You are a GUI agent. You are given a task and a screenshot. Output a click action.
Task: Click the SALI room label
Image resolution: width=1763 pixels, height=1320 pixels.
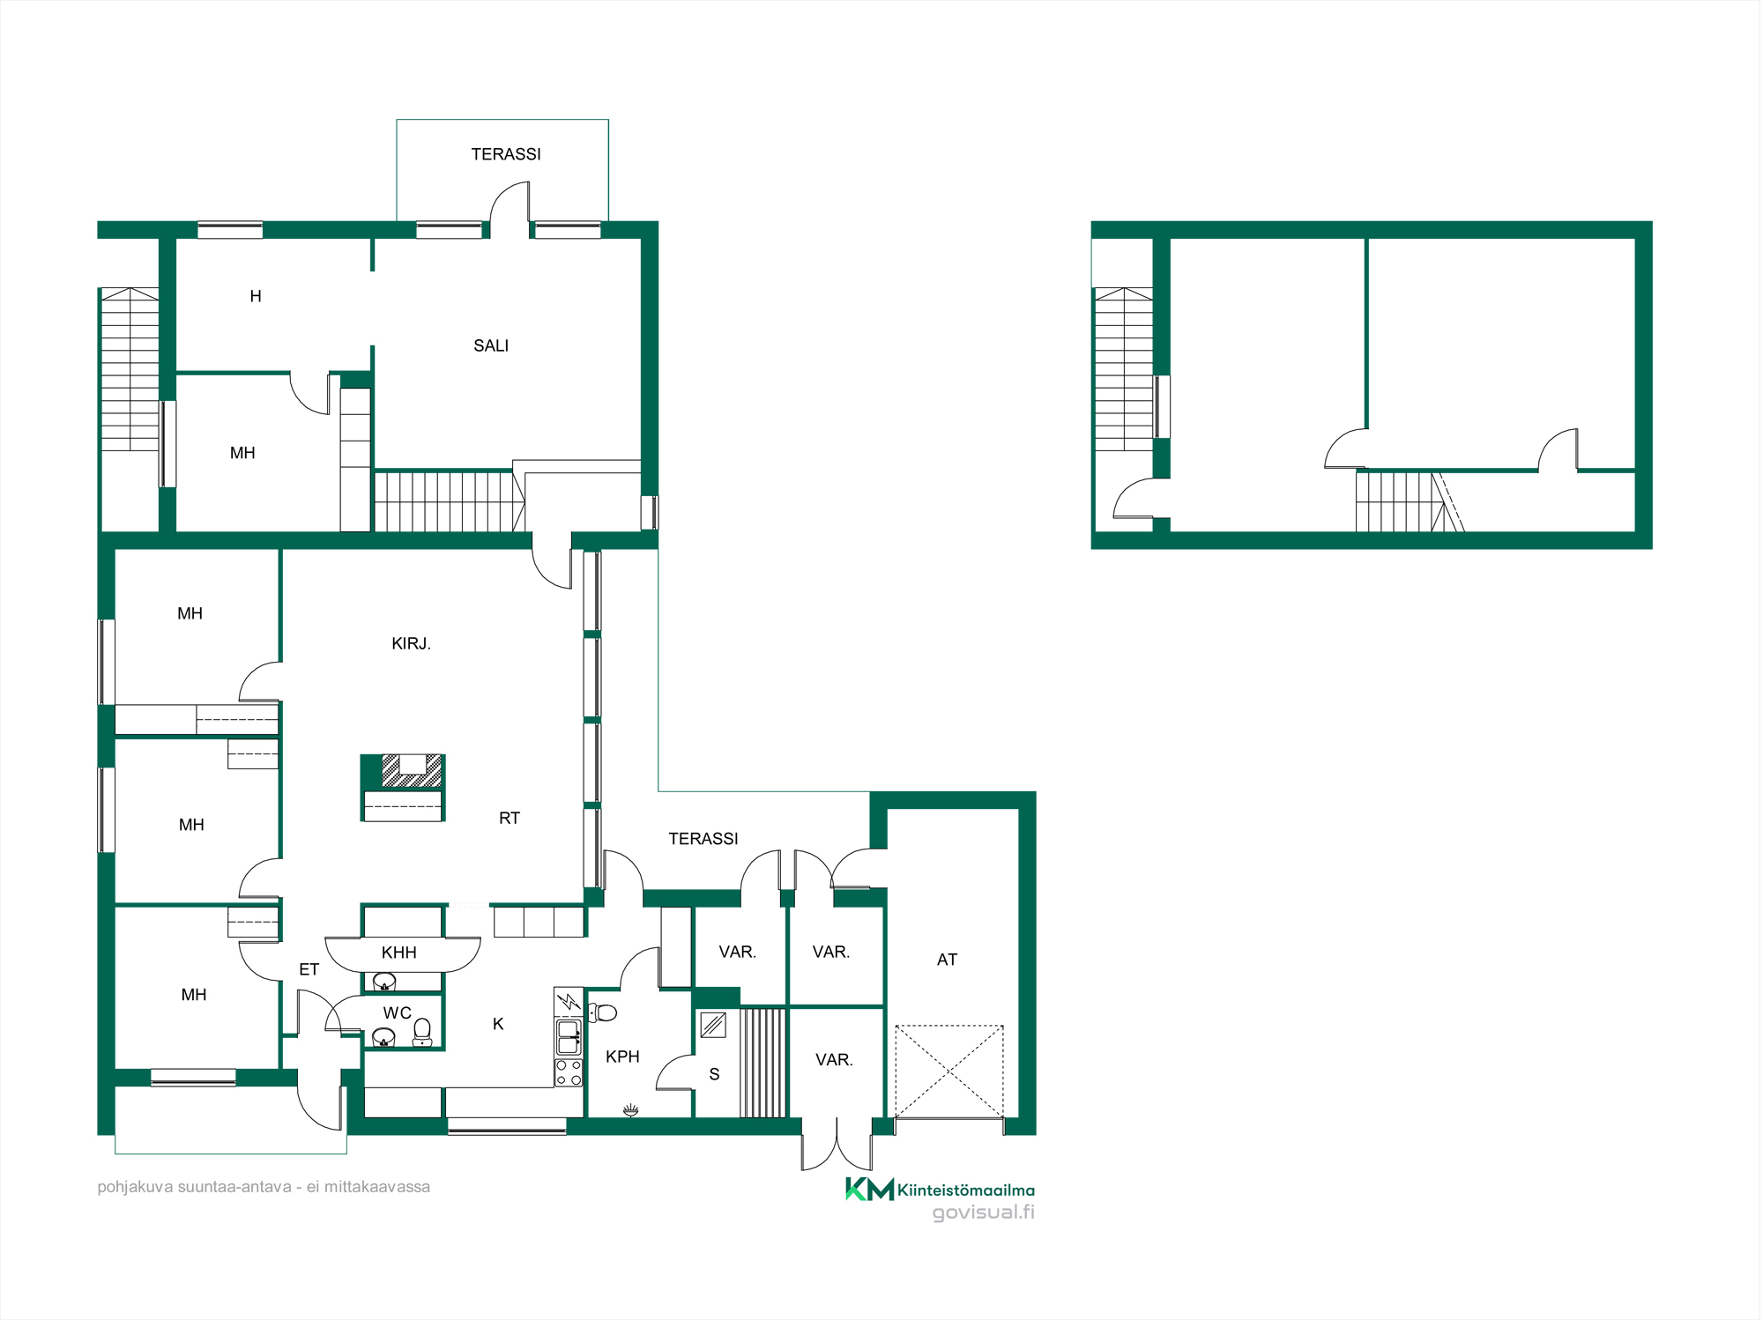(x=491, y=345)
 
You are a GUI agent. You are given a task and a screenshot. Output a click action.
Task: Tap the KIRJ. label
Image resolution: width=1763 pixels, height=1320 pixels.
(x=411, y=643)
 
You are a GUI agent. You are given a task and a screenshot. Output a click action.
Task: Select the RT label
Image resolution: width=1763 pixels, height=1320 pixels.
(x=510, y=818)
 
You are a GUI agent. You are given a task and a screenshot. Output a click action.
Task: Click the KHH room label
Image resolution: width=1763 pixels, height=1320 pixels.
(x=398, y=953)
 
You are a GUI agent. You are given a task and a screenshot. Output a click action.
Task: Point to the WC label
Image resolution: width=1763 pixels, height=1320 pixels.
(x=398, y=1013)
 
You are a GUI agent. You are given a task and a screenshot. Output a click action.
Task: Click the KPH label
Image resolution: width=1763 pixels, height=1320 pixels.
(x=622, y=1057)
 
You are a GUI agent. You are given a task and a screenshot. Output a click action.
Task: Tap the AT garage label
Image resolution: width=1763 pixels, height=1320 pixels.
(x=947, y=960)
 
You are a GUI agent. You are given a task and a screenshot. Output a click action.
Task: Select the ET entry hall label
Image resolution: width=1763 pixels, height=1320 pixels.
(x=309, y=969)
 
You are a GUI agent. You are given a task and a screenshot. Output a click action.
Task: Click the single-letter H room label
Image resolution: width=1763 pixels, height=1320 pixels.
(x=256, y=296)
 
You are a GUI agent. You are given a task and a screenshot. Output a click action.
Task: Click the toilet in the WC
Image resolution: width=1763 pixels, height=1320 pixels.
(x=422, y=1032)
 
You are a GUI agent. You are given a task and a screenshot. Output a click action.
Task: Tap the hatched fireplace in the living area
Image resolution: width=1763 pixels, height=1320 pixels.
(x=412, y=771)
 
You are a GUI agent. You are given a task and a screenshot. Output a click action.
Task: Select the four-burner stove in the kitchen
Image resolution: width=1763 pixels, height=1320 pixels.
(x=569, y=1072)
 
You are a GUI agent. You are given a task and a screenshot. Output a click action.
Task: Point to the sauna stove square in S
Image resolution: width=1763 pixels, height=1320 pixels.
(x=713, y=1025)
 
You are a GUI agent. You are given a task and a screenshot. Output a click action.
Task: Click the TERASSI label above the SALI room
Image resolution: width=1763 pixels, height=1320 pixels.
(x=506, y=154)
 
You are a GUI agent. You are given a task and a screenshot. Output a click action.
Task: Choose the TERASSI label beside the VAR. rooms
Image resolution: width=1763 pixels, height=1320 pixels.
(x=703, y=839)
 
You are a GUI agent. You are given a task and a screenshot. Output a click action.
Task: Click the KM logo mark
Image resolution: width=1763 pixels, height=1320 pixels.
(x=869, y=1190)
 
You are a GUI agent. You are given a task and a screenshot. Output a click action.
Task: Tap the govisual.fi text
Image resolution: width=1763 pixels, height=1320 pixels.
(x=984, y=1212)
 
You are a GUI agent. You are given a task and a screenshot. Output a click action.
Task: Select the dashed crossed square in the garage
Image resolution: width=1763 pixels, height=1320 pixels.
(x=949, y=1071)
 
